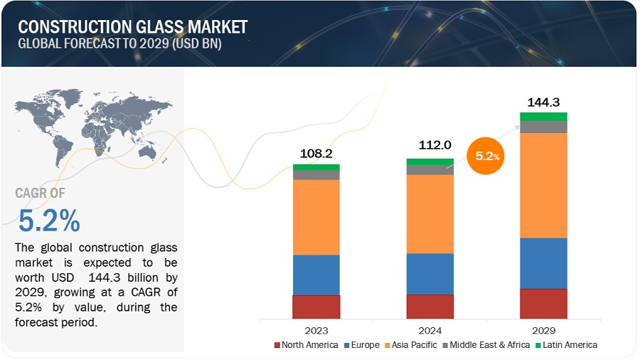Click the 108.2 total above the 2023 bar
[x=316, y=153]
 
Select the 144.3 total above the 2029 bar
[x=543, y=102]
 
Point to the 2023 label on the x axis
[x=316, y=331]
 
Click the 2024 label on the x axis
[x=430, y=331]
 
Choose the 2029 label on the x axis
[x=543, y=331]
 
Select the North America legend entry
[x=306, y=345]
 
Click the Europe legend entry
[x=361, y=345]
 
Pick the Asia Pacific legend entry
[x=411, y=345]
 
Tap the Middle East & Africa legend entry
[x=487, y=345]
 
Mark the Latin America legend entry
[x=566, y=345]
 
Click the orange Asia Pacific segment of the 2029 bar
[x=543, y=185]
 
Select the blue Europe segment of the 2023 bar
[x=316, y=275]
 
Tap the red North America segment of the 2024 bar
[x=430, y=307]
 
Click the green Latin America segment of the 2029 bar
[x=543, y=116]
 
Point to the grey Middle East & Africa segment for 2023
[x=316, y=174]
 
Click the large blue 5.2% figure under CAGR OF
[x=48, y=222]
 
